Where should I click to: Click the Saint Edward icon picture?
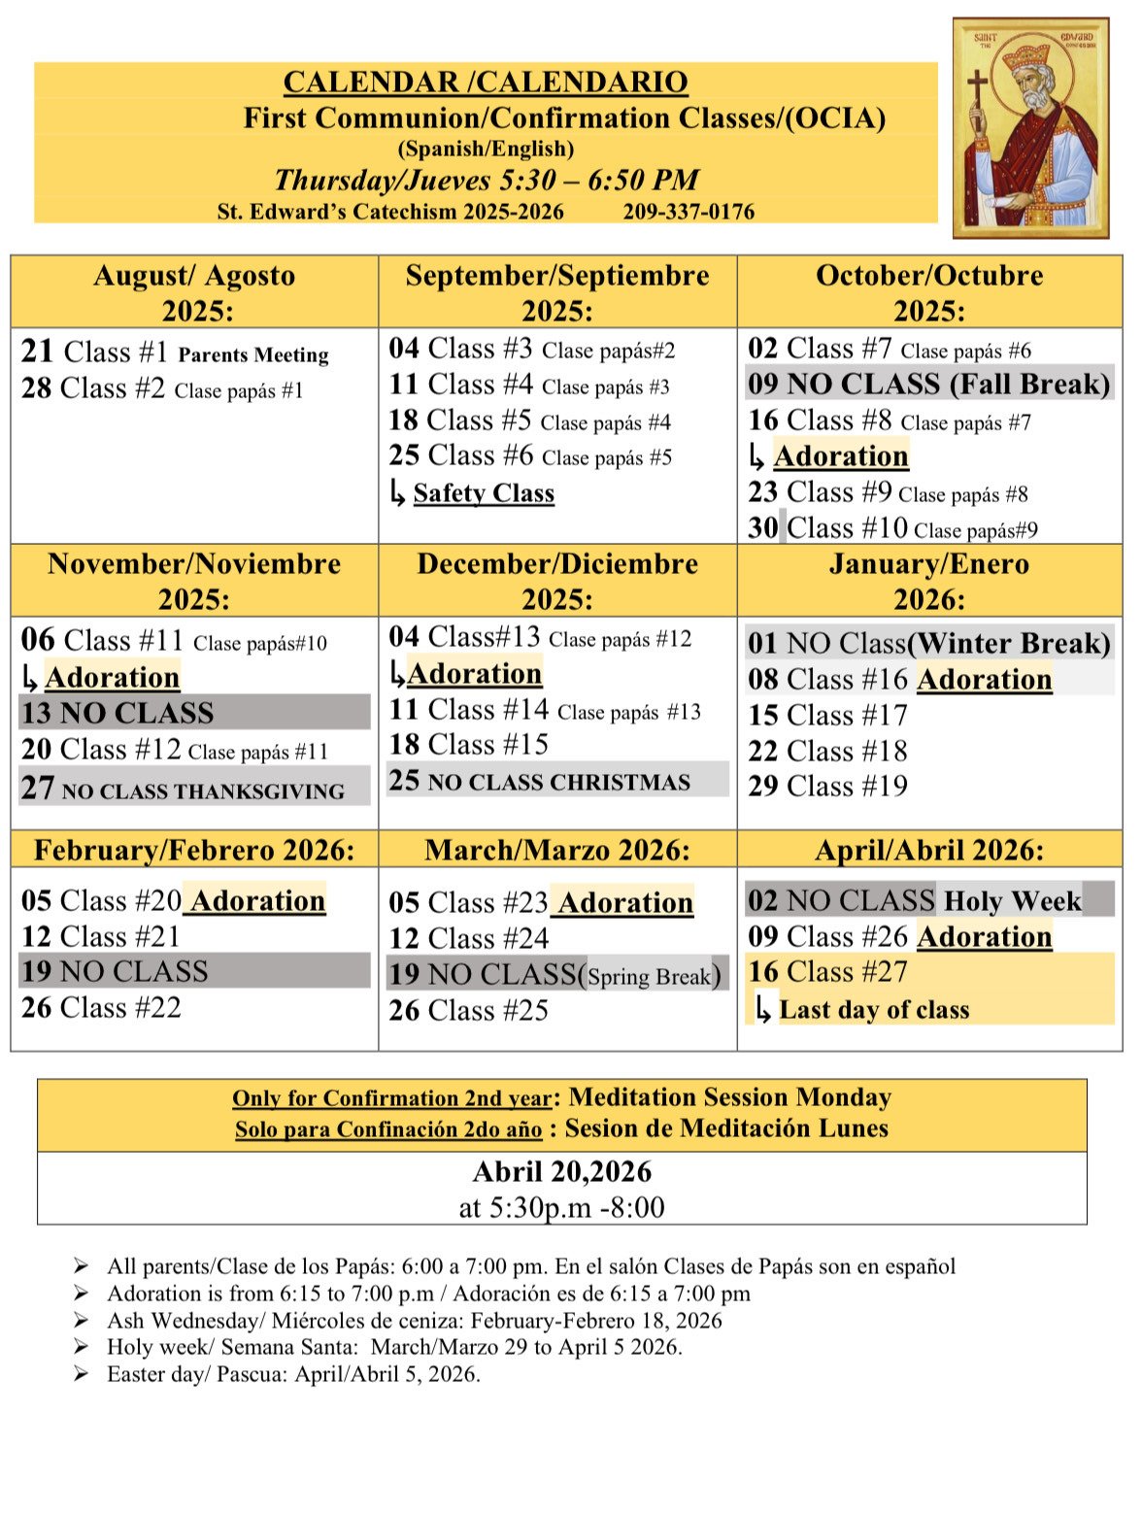[1030, 127]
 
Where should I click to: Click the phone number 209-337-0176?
[688, 212]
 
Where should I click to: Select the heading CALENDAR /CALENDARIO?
[486, 83]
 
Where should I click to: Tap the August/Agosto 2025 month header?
[194, 291]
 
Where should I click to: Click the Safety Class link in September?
[484, 493]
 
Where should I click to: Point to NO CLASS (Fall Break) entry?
[929, 384]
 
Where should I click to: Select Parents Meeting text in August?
[253, 354]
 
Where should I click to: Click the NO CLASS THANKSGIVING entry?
[194, 789]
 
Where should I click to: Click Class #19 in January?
[828, 786]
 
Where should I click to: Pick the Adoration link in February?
[257, 901]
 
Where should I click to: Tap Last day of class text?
[874, 1010]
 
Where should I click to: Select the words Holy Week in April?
[1012, 901]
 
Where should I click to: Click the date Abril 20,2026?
[561, 1172]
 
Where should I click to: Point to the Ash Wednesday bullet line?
[415, 1321]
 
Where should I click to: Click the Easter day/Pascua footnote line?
[293, 1374]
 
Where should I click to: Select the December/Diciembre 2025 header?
[557, 580]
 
